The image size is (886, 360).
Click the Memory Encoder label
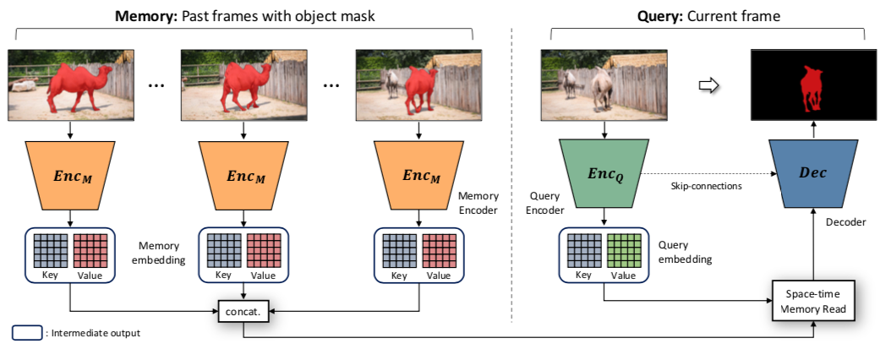478,201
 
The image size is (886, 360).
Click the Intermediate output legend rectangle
25,333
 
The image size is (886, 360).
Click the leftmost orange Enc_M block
71,175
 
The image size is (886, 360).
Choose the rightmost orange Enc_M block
419,175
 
